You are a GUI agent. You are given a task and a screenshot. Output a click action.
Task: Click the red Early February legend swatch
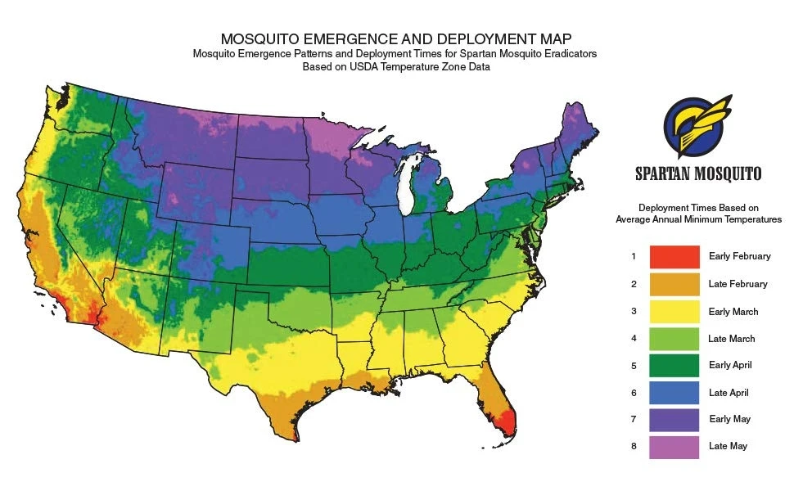[x=674, y=256]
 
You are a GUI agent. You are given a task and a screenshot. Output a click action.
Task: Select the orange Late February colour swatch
[x=674, y=284]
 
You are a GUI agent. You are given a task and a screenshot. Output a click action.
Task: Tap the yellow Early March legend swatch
[x=674, y=311]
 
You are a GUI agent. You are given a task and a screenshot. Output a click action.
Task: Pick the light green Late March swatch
[x=674, y=338]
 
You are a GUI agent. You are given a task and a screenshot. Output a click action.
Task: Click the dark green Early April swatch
[x=674, y=365]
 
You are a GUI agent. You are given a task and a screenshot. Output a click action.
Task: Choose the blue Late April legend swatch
[x=674, y=392]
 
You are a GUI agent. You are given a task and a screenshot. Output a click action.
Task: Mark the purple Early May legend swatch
[x=674, y=419]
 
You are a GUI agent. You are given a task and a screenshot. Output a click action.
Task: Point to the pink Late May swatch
[x=674, y=446]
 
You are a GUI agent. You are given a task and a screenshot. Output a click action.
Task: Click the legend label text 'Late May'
[x=728, y=446]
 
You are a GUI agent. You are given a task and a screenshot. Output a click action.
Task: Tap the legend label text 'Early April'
[x=730, y=365]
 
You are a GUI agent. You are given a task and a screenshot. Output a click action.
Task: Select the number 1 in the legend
[x=633, y=256]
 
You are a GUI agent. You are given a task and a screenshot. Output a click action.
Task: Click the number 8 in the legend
[x=633, y=446]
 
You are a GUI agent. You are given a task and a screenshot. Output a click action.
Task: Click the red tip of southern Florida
[x=509, y=423]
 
